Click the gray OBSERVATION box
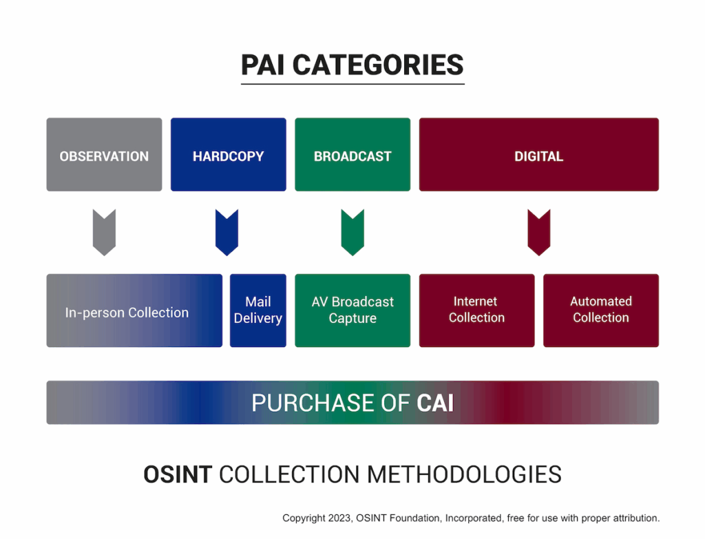(x=105, y=155)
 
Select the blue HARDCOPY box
(x=229, y=155)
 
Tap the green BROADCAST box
(x=352, y=155)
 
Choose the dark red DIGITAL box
(x=539, y=155)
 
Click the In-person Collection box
(x=134, y=310)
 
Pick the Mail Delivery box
(x=258, y=310)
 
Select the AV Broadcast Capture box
(x=352, y=310)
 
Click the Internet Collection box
(x=477, y=310)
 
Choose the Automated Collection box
(x=601, y=310)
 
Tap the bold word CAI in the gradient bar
(x=435, y=403)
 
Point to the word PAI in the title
(x=262, y=65)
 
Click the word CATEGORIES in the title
(x=378, y=65)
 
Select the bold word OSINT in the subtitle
(x=178, y=474)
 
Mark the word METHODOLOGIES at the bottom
(x=465, y=474)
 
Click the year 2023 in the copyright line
(x=339, y=518)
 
